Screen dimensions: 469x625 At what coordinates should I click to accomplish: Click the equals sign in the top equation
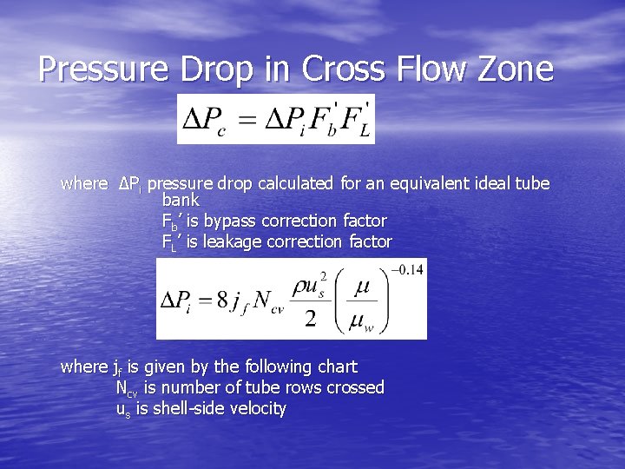click(x=248, y=121)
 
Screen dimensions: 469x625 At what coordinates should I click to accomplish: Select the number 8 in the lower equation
click(x=222, y=301)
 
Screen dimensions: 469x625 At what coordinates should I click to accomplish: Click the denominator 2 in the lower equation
click(x=309, y=320)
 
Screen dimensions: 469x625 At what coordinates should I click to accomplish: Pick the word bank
click(x=181, y=201)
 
